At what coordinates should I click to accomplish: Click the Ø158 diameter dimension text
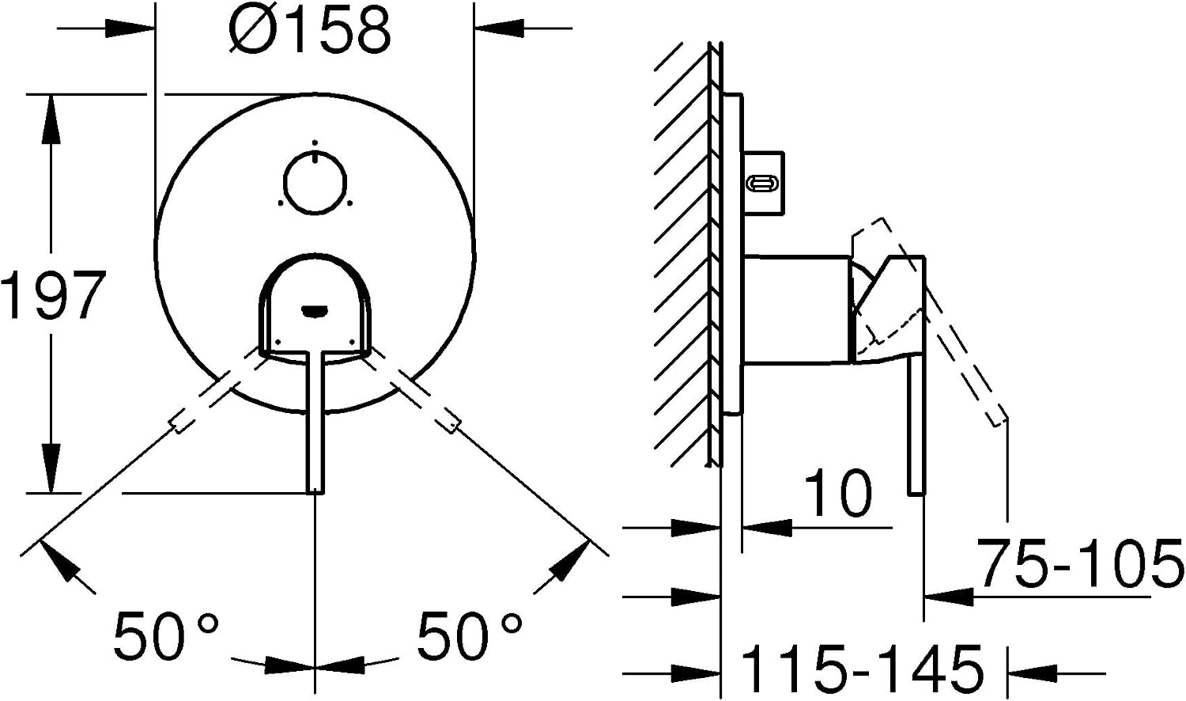(310, 30)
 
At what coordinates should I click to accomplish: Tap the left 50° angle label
(166, 635)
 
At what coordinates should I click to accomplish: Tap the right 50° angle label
(469, 635)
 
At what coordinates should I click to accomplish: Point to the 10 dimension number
(837, 493)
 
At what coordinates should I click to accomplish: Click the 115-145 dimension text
(863, 669)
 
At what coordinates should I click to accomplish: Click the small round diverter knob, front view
(315, 183)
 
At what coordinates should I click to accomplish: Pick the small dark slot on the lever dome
(315, 310)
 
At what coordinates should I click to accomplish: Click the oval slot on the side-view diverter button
(762, 184)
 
